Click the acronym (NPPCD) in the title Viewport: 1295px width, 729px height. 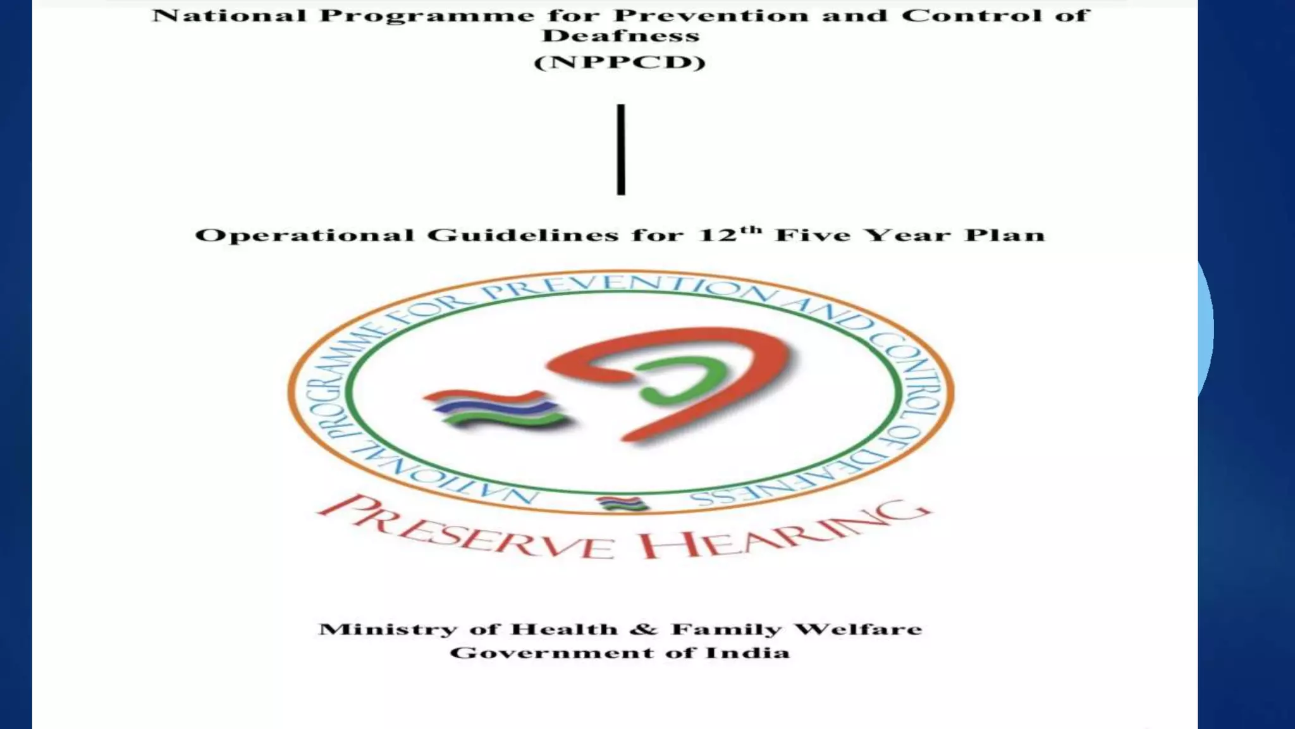(620, 63)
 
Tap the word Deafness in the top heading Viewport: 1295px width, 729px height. (620, 36)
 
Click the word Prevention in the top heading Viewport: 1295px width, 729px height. (712, 15)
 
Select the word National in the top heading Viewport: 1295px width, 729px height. (228, 15)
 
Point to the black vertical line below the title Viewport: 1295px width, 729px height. (621, 149)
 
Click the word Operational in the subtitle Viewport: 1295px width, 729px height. (303, 236)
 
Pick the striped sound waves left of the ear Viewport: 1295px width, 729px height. (496, 410)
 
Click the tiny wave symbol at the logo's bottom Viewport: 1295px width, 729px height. (622, 504)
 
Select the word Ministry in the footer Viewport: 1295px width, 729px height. (387, 630)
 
